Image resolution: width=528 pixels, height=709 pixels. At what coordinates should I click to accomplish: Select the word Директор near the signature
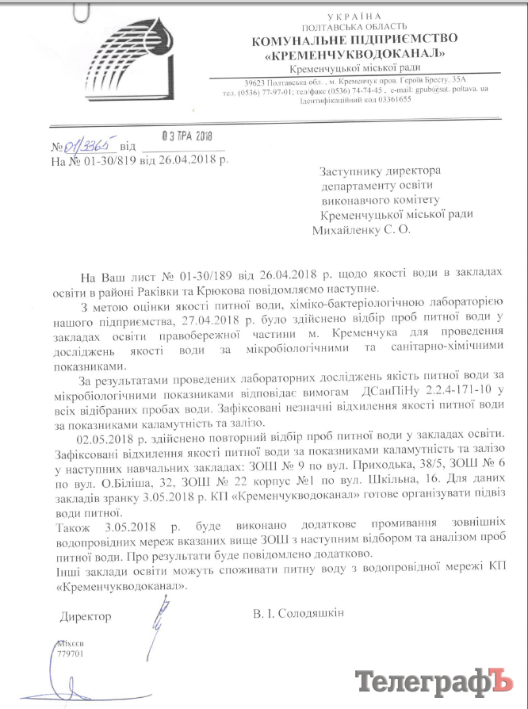tap(85, 615)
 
